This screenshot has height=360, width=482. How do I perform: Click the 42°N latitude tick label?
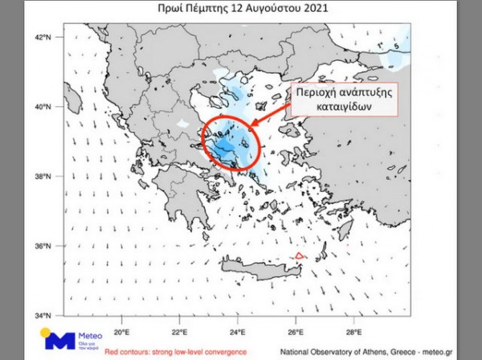[43, 37]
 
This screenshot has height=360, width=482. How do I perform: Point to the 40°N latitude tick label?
[43, 106]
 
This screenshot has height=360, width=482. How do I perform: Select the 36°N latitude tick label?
[43, 246]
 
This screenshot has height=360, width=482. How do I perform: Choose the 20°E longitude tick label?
[122, 329]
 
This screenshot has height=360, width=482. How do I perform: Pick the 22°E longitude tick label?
[180, 329]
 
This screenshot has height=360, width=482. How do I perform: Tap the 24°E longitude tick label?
[238, 329]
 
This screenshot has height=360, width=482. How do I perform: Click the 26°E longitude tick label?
[296, 329]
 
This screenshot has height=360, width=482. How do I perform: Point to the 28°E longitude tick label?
[353, 329]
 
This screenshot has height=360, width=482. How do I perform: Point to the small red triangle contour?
[299, 256]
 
